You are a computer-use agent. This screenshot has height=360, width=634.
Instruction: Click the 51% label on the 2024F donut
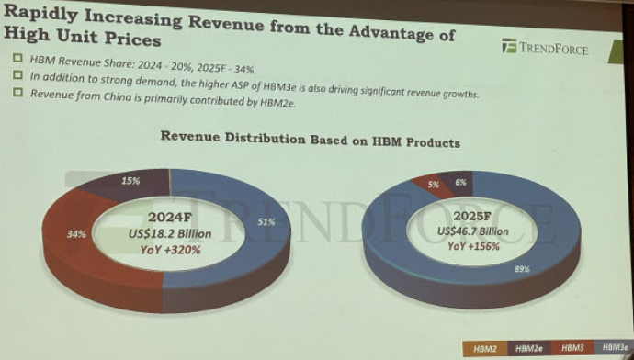click(x=266, y=222)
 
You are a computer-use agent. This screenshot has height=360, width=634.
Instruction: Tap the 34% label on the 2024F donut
click(x=76, y=234)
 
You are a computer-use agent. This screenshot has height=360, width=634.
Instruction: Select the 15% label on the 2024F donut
click(x=130, y=181)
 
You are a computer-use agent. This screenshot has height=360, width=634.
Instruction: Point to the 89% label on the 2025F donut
click(x=522, y=269)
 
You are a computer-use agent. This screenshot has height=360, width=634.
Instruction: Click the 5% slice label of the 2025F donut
click(x=434, y=185)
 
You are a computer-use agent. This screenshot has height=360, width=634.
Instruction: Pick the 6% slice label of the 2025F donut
click(x=460, y=183)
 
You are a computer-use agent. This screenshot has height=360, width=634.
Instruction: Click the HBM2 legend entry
click(x=485, y=349)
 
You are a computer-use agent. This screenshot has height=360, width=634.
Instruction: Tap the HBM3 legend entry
click(x=572, y=348)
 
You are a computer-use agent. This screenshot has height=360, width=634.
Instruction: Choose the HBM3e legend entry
click(x=615, y=347)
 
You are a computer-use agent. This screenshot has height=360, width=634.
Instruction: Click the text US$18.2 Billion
click(x=170, y=234)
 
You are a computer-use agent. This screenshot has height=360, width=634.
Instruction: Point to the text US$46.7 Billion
click(x=472, y=231)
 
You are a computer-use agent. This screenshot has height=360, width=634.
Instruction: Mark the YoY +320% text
click(x=170, y=250)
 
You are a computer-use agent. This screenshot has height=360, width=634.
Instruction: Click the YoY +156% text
click(x=473, y=245)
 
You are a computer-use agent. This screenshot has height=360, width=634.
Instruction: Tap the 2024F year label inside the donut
click(x=169, y=218)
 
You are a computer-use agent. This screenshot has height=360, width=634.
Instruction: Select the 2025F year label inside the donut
click(x=472, y=216)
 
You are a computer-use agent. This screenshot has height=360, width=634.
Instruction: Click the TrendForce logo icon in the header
click(x=509, y=46)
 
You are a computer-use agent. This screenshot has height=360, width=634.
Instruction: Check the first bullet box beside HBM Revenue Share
click(x=17, y=58)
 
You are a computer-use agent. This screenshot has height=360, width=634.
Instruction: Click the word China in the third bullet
click(x=118, y=96)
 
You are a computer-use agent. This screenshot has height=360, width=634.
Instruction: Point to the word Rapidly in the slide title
click(x=40, y=14)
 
